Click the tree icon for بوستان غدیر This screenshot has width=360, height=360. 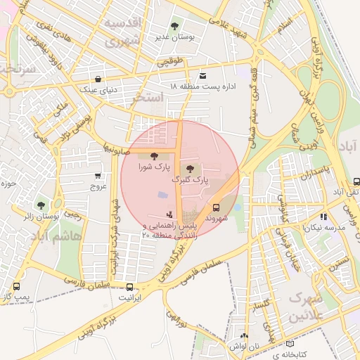point(174,26)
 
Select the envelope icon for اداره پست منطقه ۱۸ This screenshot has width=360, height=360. point(203,75)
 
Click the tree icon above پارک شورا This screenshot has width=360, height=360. point(154,157)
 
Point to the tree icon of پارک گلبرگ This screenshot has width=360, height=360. point(190,167)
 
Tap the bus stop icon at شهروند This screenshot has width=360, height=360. point(216,207)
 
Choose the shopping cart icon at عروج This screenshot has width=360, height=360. point(97,176)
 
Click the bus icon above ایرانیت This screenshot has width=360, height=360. point(129,287)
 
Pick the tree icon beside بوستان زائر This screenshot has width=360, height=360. point(43,205)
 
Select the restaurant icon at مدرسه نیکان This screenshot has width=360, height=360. point(323,217)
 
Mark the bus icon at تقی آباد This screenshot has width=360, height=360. point(356,181)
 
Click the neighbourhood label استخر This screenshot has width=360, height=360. point(147,98)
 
